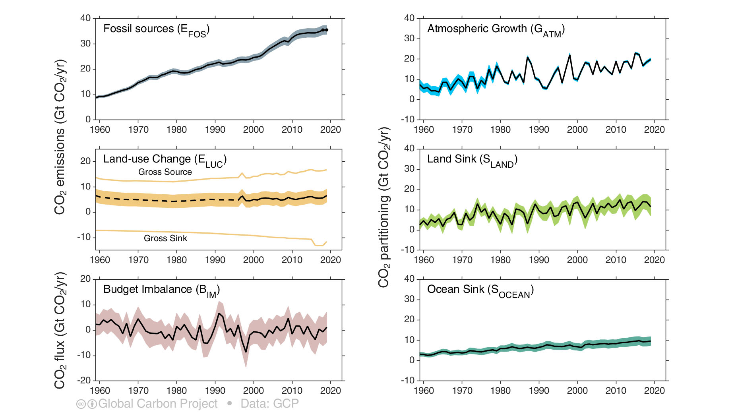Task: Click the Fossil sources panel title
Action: pyautogui.click(x=156, y=29)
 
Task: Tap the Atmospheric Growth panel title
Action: pyautogui.click(x=496, y=29)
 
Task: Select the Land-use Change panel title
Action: pyautogui.click(x=165, y=160)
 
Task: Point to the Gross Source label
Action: pyautogui.click(x=165, y=172)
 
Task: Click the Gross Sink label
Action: pyautogui.click(x=165, y=238)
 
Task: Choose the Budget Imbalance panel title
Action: pyautogui.click(x=161, y=290)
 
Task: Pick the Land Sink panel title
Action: pyautogui.click(x=472, y=160)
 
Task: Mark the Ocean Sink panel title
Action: pyautogui.click(x=480, y=290)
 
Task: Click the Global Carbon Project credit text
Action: pyautogui.click(x=158, y=404)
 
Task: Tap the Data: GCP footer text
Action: pyautogui.click(x=269, y=404)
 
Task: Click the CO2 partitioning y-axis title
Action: pyautogui.click(x=383, y=207)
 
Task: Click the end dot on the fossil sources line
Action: pyautogui.click(x=326, y=30)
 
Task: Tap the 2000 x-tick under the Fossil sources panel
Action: pyautogui.click(x=254, y=130)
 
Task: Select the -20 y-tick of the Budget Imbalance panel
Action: pyautogui.click(x=85, y=380)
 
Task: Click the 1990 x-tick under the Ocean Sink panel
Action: pyautogui.click(x=539, y=391)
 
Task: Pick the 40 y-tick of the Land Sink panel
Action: pyautogui.click(x=409, y=149)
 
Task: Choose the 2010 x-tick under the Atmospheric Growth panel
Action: pyautogui.click(x=616, y=130)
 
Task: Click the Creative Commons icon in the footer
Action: pyautogui.click(x=81, y=404)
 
